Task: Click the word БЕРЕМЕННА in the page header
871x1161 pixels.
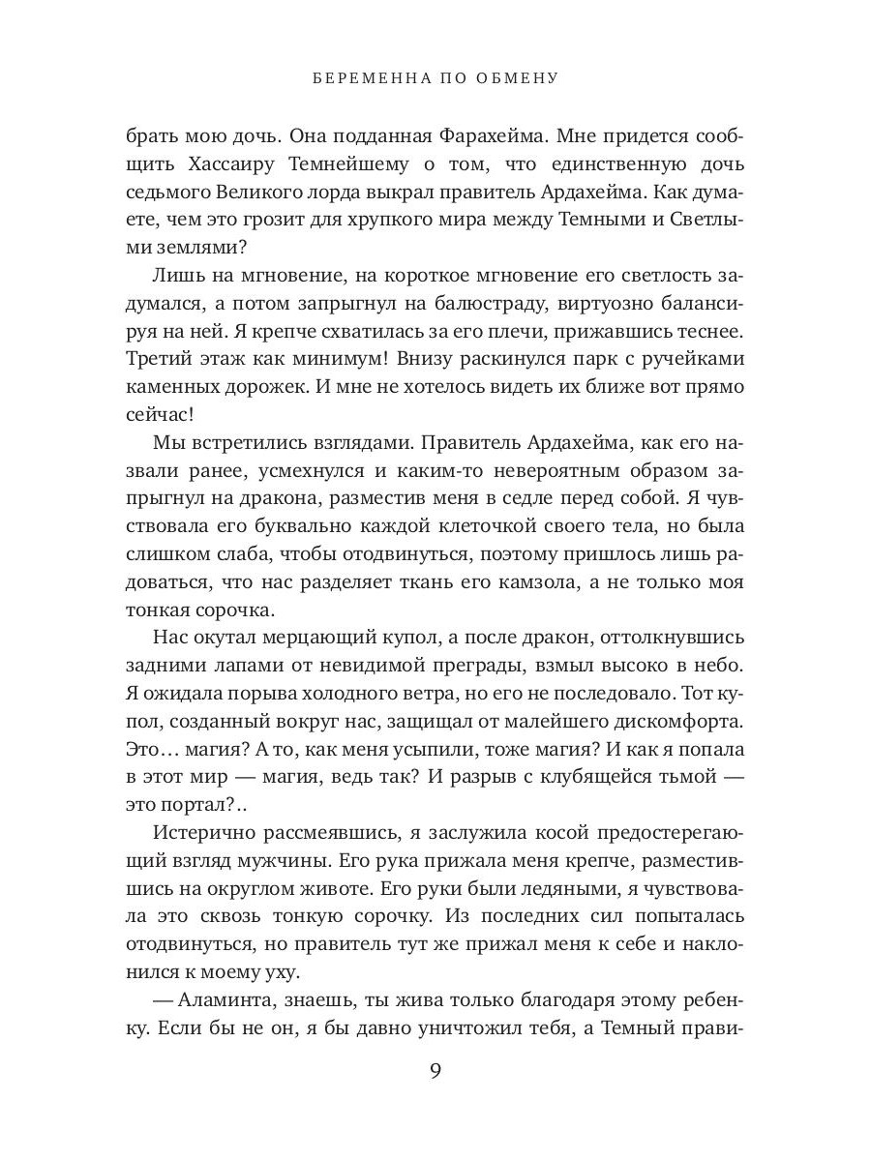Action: [367, 77]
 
